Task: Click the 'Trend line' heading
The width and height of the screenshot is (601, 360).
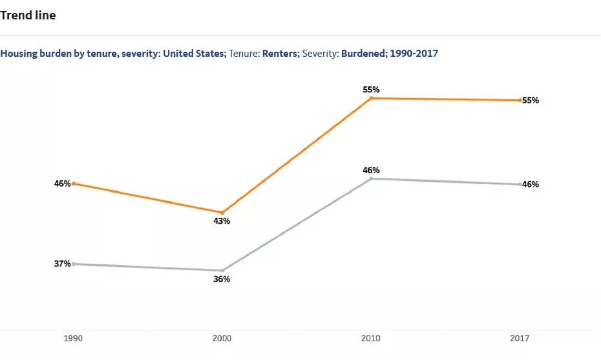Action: tap(28, 16)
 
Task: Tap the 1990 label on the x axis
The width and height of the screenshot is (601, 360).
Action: tap(73, 339)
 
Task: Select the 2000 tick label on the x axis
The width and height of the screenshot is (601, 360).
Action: tap(222, 339)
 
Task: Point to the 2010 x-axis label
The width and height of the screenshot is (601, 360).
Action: tap(371, 339)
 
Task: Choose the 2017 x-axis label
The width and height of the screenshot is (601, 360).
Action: tap(520, 339)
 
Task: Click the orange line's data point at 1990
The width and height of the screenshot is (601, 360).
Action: tap(74, 184)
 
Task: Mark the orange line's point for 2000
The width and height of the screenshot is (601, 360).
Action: tap(222, 213)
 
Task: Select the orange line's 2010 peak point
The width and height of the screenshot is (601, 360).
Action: tap(371, 98)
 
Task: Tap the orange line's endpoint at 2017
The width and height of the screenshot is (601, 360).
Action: tap(520, 100)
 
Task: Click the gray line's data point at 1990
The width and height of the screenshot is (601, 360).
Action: tap(74, 264)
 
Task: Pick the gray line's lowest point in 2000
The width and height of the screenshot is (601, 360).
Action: tap(222, 271)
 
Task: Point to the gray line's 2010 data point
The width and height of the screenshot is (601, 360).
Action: tap(371, 178)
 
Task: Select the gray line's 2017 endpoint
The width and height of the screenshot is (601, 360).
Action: tap(520, 184)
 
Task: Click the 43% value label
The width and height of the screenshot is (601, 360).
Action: tap(222, 221)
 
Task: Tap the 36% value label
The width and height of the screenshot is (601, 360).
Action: tap(222, 279)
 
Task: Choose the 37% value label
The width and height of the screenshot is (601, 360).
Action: tap(62, 264)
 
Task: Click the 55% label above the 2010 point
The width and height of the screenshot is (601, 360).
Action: tap(371, 90)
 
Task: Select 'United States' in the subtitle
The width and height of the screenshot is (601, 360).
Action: tap(194, 54)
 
